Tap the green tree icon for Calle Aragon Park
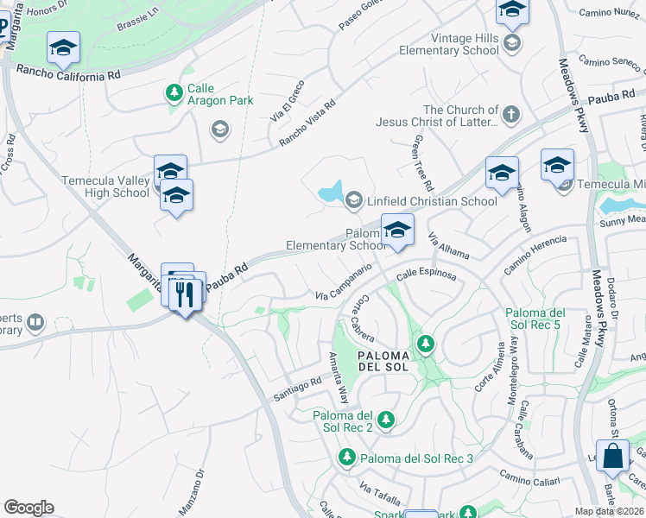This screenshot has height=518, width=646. pos(174,91)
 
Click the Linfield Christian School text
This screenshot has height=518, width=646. pos(433,201)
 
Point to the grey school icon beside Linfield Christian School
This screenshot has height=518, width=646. pos(353,201)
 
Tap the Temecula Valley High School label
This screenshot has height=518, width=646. pos(105,186)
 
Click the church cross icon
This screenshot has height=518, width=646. pos(511,114)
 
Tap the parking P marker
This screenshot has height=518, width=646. pos(3,28)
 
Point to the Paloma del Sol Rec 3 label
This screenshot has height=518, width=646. pos(416,458)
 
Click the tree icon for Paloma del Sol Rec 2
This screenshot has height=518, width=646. pos(385,420)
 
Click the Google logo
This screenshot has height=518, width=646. pos(28,508)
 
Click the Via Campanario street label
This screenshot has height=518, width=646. pos(343,283)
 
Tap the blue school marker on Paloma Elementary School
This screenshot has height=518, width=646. pos(397,230)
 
